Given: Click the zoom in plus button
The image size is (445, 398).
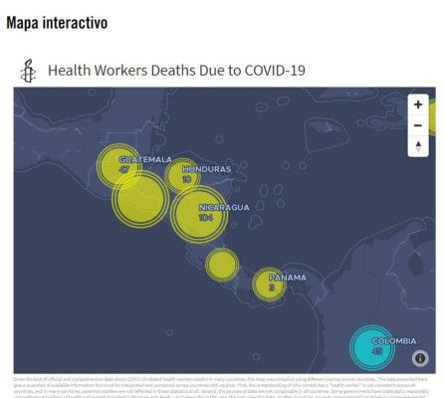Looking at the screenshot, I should [418, 104].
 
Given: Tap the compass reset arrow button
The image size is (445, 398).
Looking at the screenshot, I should [418, 146].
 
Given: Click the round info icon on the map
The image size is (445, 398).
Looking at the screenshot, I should [420, 358].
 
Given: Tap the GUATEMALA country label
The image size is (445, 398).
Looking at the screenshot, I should [144, 160].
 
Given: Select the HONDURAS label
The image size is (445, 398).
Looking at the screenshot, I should [206, 169].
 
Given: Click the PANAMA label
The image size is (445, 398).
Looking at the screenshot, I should [288, 277].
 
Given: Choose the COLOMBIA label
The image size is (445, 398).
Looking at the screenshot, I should [393, 341].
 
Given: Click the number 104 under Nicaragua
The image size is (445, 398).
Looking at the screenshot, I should [206, 217].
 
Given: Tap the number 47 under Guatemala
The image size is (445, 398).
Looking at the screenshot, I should [124, 170].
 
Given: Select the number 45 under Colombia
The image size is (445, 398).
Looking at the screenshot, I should [376, 351].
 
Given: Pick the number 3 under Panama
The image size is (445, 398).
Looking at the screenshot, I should [271, 287].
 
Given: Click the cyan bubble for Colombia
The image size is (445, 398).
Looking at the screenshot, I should [374, 347].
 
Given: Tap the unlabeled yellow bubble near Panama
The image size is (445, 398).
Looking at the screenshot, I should [221, 264].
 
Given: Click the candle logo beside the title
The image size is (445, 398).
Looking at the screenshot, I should [29, 71].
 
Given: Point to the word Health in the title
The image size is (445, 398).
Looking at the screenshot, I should [68, 71].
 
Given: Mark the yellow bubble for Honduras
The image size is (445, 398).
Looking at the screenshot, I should [183, 176].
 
